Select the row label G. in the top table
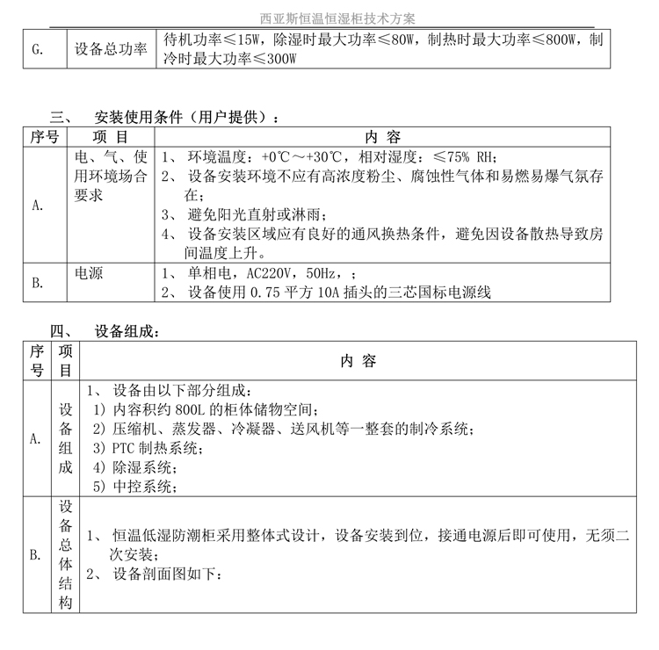point(36,50)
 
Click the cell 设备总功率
point(112,50)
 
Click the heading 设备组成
point(127,331)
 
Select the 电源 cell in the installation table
point(89,273)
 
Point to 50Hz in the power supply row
point(327,274)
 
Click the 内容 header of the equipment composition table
point(358,361)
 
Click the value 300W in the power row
point(276,59)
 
